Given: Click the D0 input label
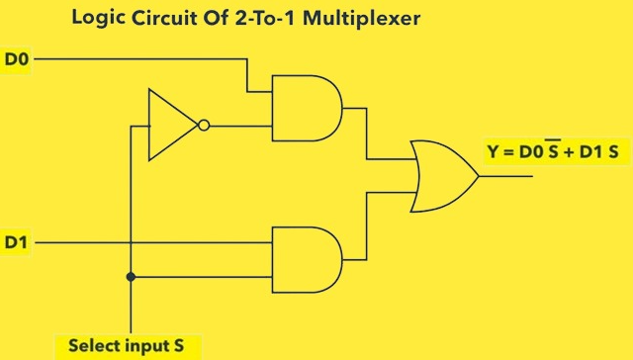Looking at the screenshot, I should pos(18,59).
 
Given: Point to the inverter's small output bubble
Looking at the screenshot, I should pos(203,126).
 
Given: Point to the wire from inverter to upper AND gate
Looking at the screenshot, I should pos(239,126).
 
